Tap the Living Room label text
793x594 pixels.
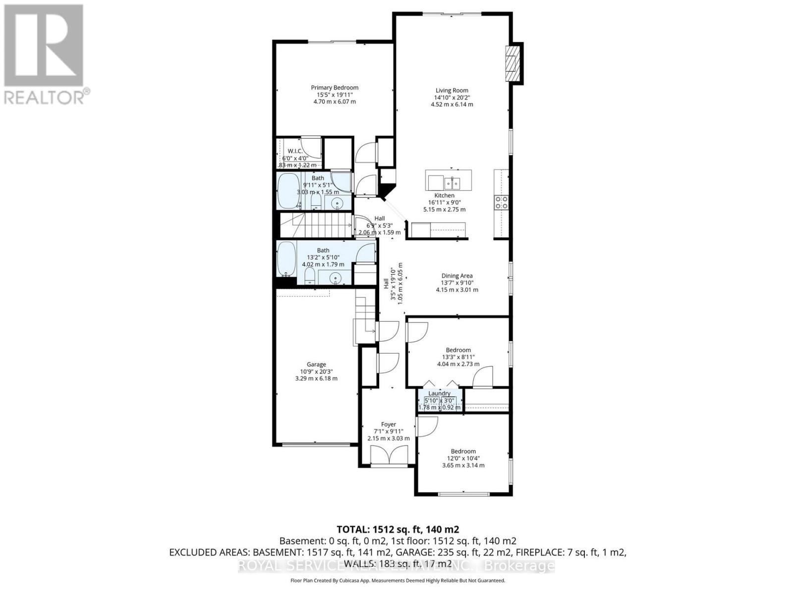(452, 90)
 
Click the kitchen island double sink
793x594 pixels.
(452, 183)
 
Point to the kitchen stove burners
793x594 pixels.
(501, 202)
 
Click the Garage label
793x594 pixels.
(316, 364)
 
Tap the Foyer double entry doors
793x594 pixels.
(389, 456)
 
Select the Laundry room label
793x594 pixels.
(439, 393)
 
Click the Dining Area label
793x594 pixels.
(457, 276)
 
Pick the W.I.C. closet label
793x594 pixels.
(295, 151)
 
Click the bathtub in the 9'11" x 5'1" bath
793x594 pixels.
(288, 190)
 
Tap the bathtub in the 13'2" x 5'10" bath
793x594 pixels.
(285, 258)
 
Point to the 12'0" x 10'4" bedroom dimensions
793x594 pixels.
(463, 459)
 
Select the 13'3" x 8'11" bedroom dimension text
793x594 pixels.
(458, 357)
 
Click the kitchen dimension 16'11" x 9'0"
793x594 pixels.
(444, 202)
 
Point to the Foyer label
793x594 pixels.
(389, 424)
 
